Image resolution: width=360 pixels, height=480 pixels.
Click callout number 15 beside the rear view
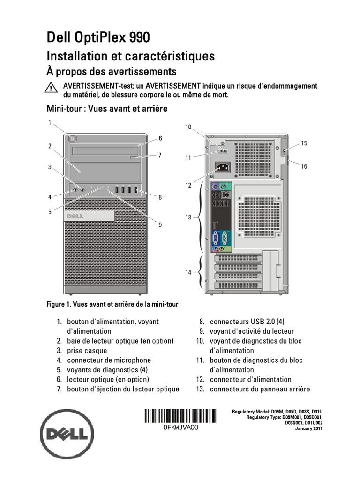click(304, 143)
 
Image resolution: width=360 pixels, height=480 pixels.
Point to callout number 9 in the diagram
click(160, 225)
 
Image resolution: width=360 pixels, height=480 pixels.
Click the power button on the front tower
click(71, 138)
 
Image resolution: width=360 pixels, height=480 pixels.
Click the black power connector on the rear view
click(222, 167)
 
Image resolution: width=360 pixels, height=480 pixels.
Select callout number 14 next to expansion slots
click(188, 272)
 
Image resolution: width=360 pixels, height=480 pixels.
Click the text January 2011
click(308, 428)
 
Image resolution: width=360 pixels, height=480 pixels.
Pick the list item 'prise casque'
click(87, 351)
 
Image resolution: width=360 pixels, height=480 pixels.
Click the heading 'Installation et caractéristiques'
click(130, 56)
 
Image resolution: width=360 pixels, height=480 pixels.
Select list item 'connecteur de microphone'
click(109, 360)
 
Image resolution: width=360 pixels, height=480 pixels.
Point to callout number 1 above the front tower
click(49, 123)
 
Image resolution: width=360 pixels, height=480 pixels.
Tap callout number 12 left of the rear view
click(188, 185)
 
